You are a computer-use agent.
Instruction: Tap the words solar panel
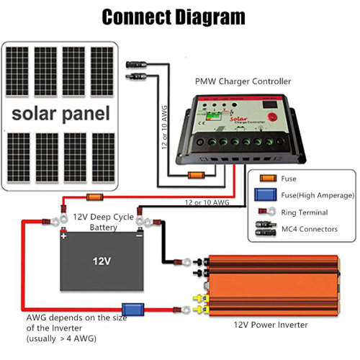pos(60,113)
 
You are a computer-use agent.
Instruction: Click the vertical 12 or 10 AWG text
pos(165,126)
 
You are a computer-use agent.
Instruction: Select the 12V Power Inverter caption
pos(271,325)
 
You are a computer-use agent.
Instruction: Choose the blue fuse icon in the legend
pos(265,195)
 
